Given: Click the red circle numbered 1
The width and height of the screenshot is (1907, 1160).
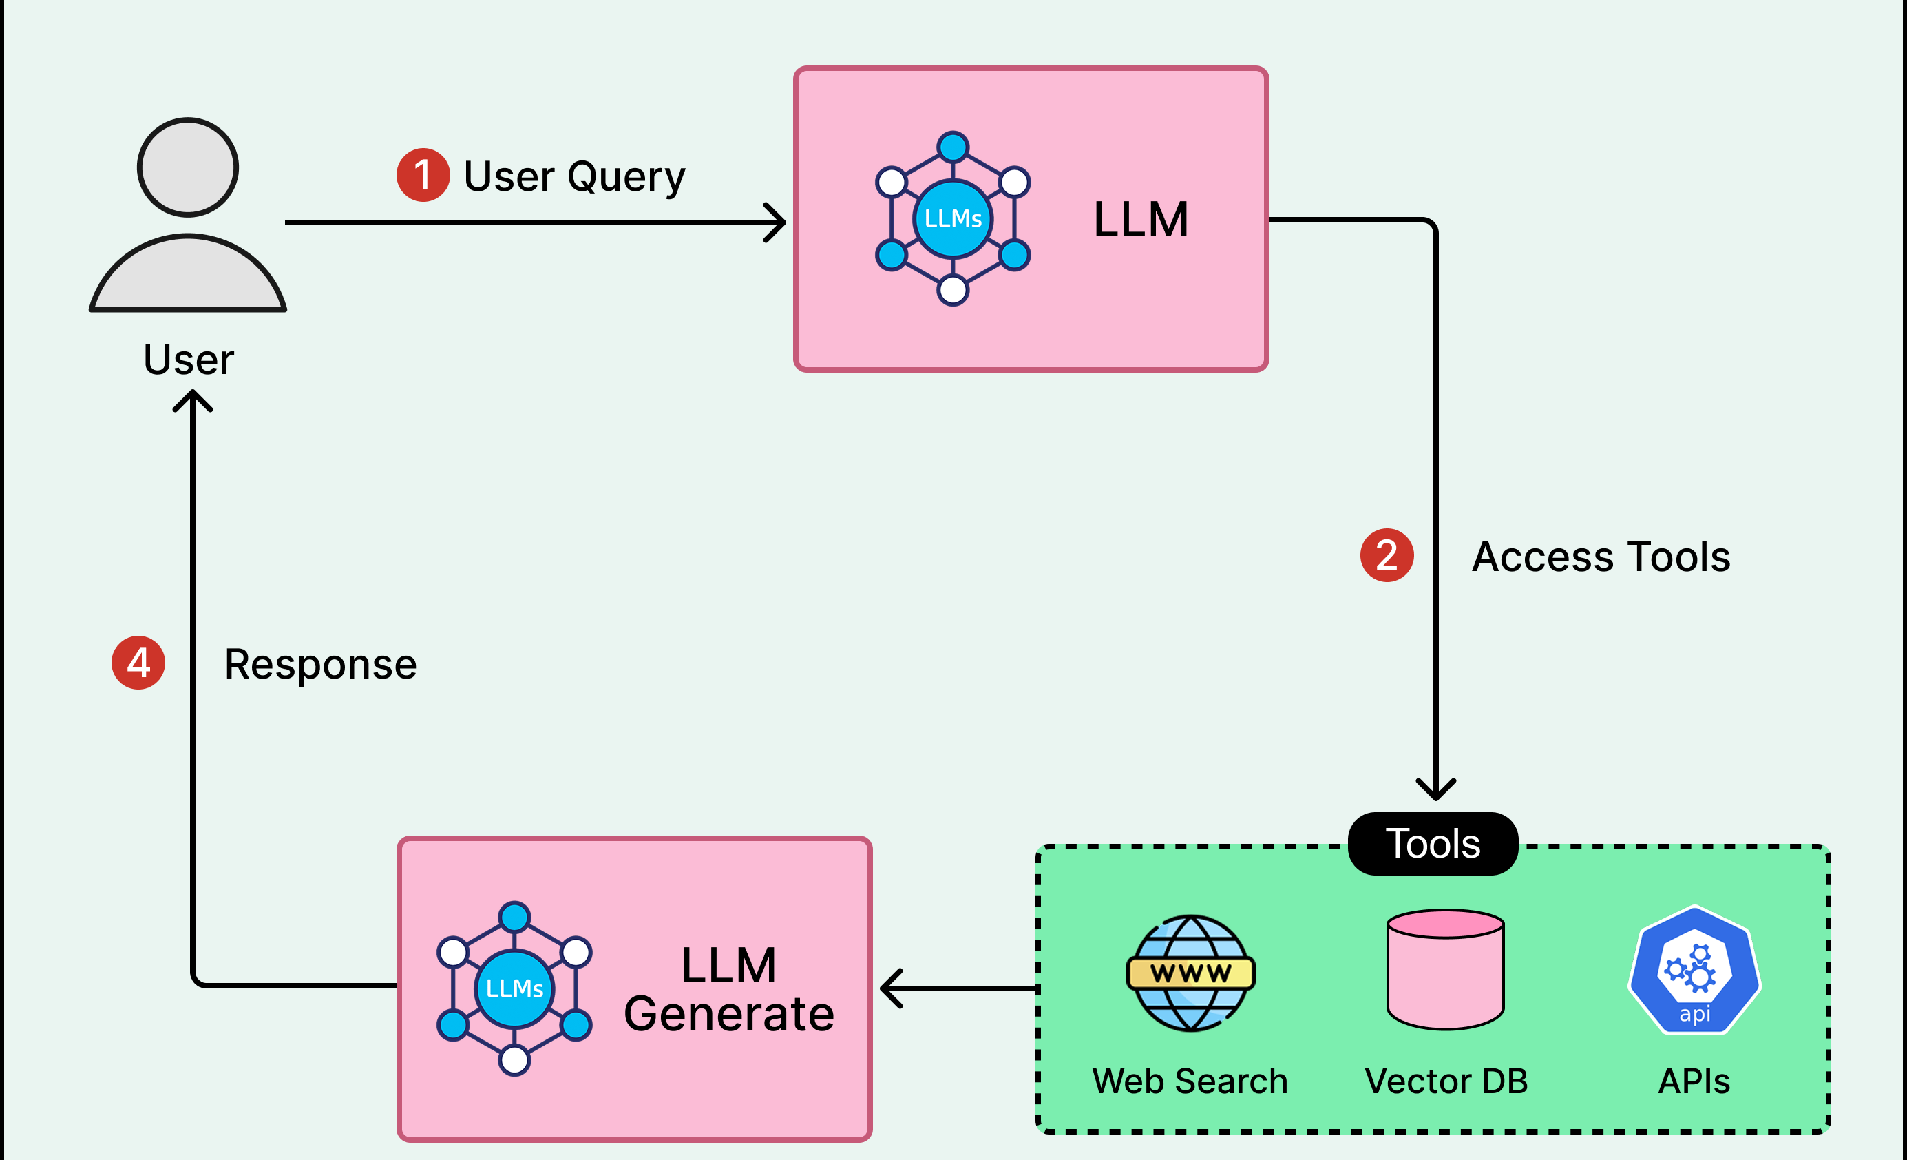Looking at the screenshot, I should point(423,175).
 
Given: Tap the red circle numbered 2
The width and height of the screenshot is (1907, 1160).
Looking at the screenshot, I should point(1386,555).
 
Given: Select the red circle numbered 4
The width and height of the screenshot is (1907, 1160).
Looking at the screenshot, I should point(138,663).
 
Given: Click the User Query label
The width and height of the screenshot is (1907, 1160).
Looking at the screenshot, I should point(574,176).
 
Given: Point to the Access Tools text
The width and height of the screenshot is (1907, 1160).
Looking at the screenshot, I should point(1601,557).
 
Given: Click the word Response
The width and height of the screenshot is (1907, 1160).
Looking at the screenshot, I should point(320,665).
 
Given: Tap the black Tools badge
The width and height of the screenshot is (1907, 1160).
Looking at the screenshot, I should point(1433,843).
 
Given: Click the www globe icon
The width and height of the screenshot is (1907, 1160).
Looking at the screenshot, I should point(1190,973).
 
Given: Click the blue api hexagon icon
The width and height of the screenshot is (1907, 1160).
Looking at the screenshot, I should point(1694,971).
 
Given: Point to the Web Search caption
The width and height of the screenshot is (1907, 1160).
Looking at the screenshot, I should point(1190,1081).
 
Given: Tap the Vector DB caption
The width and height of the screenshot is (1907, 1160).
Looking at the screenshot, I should point(1446,1081).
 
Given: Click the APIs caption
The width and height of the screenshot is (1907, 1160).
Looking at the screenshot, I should point(1694,1081).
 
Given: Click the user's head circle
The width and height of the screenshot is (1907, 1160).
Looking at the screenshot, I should point(188,167).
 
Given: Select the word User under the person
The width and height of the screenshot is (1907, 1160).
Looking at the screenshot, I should point(188,360).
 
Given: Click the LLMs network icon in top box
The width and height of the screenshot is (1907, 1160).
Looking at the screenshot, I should point(953,218).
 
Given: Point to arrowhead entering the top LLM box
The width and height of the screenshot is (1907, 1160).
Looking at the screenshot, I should point(777,223).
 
